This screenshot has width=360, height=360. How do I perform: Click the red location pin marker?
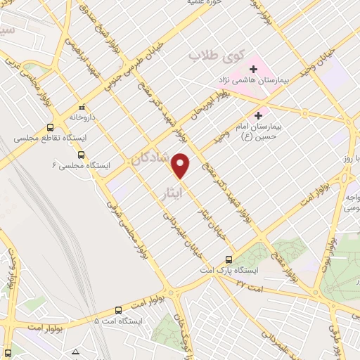(181, 165)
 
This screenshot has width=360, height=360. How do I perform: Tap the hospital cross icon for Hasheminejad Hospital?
(252, 69)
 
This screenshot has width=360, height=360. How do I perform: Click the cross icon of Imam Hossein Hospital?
(259, 115)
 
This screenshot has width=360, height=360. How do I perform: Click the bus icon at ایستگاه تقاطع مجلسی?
(50, 128)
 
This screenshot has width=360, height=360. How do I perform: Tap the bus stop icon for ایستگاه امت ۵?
(117, 309)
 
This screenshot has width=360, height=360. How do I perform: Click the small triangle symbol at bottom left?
(76, 351)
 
